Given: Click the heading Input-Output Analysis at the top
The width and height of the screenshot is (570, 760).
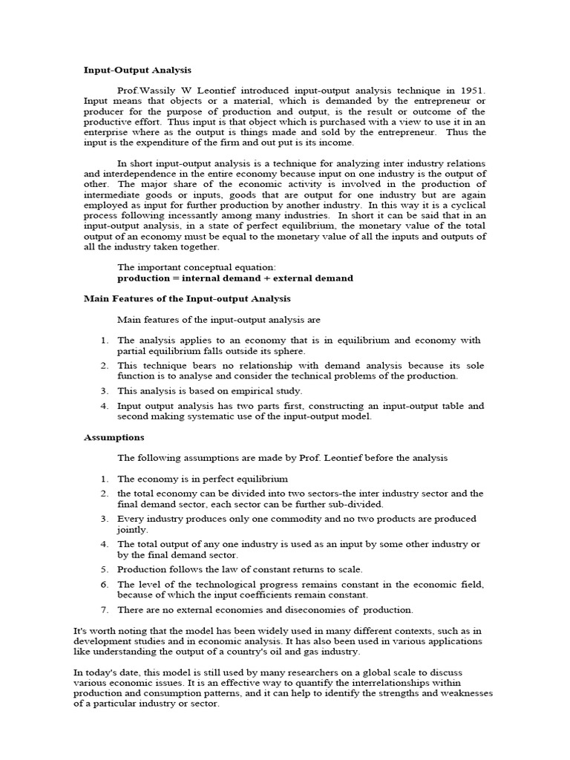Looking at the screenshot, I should tap(137, 71).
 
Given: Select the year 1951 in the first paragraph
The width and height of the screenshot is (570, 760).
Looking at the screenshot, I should tap(471, 90).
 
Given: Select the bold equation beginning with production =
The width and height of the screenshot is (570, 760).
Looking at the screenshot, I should tap(235, 278).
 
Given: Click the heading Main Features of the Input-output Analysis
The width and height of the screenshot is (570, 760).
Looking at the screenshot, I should tap(187, 298).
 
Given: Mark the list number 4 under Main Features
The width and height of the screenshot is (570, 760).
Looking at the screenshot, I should tap(105, 406).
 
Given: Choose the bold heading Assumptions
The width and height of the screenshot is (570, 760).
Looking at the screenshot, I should tap(114, 437).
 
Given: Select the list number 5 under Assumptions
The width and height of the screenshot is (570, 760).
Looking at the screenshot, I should tap(105, 569).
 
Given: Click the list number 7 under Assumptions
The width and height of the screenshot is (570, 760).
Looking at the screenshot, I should tap(105, 610).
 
